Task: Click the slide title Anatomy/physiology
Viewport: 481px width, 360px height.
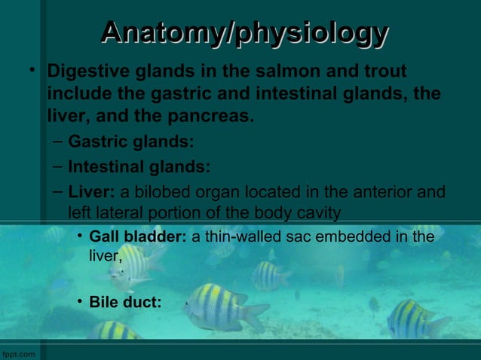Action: (244, 34)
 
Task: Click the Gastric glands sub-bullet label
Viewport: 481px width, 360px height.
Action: (130, 142)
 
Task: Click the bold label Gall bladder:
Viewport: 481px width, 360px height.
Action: (138, 238)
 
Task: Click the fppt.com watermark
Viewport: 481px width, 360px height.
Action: (16, 353)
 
